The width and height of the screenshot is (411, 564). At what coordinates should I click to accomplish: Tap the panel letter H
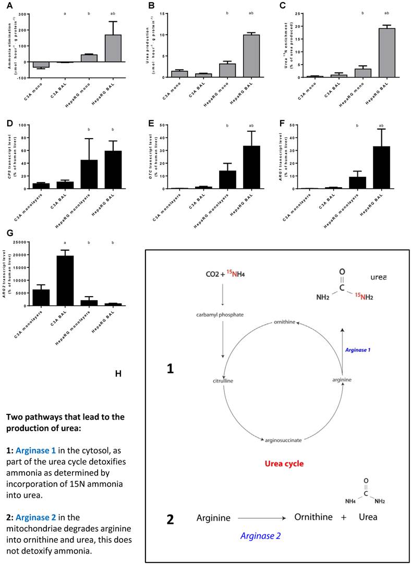pyautogui.click(x=118, y=373)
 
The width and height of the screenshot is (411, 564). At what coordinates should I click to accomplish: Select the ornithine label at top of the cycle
pyautogui.click(x=286, y=323)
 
